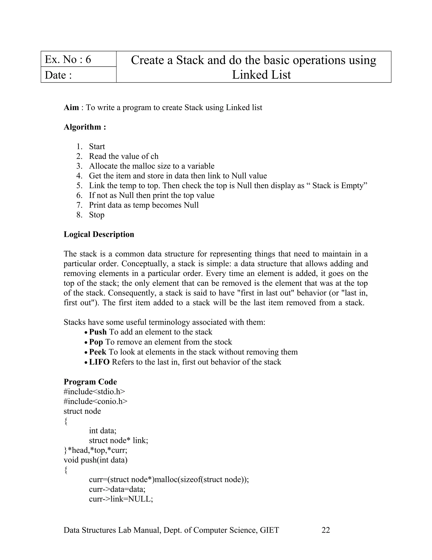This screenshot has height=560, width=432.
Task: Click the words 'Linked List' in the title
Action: pyautogui.click(x=261, y=75)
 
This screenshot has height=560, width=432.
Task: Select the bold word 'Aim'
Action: pyautogui.click(x=71, y=107)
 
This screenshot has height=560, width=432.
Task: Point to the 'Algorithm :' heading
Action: pyautogui.click(x=85, y=127)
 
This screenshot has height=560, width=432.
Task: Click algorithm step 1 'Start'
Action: pyautogui.click(x=97, y=147)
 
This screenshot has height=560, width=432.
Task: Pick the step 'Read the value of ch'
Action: pyautogui.click(x=123, y=156)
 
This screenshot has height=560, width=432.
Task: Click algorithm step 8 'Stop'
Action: pyautogui.click(x=96, y=215)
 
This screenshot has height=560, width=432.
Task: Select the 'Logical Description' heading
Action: pyautogui.click(x=99, y=234)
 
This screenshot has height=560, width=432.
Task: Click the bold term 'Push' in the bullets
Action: pyautogui.click(x=98, y=332)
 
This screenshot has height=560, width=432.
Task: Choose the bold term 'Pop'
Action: pyautogui.click(x=96, y=342)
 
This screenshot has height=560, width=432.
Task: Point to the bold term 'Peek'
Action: pyautogui.click(x=97, y=352)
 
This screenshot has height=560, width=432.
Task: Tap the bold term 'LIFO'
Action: pyautogui.click(x=99, y=362)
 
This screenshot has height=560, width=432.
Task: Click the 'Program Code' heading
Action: pyautogui.click(x=90, y=382)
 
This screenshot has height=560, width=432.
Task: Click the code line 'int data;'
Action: pyautogui.click(x=103, y=430)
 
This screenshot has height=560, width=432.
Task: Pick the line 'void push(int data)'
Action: pyautogui.click(x=96, y=460)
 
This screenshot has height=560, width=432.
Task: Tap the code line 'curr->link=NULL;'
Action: pyautogui.click(x=121, y=499)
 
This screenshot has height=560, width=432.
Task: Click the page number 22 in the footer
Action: pyautogui.click(x=325, y=530)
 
